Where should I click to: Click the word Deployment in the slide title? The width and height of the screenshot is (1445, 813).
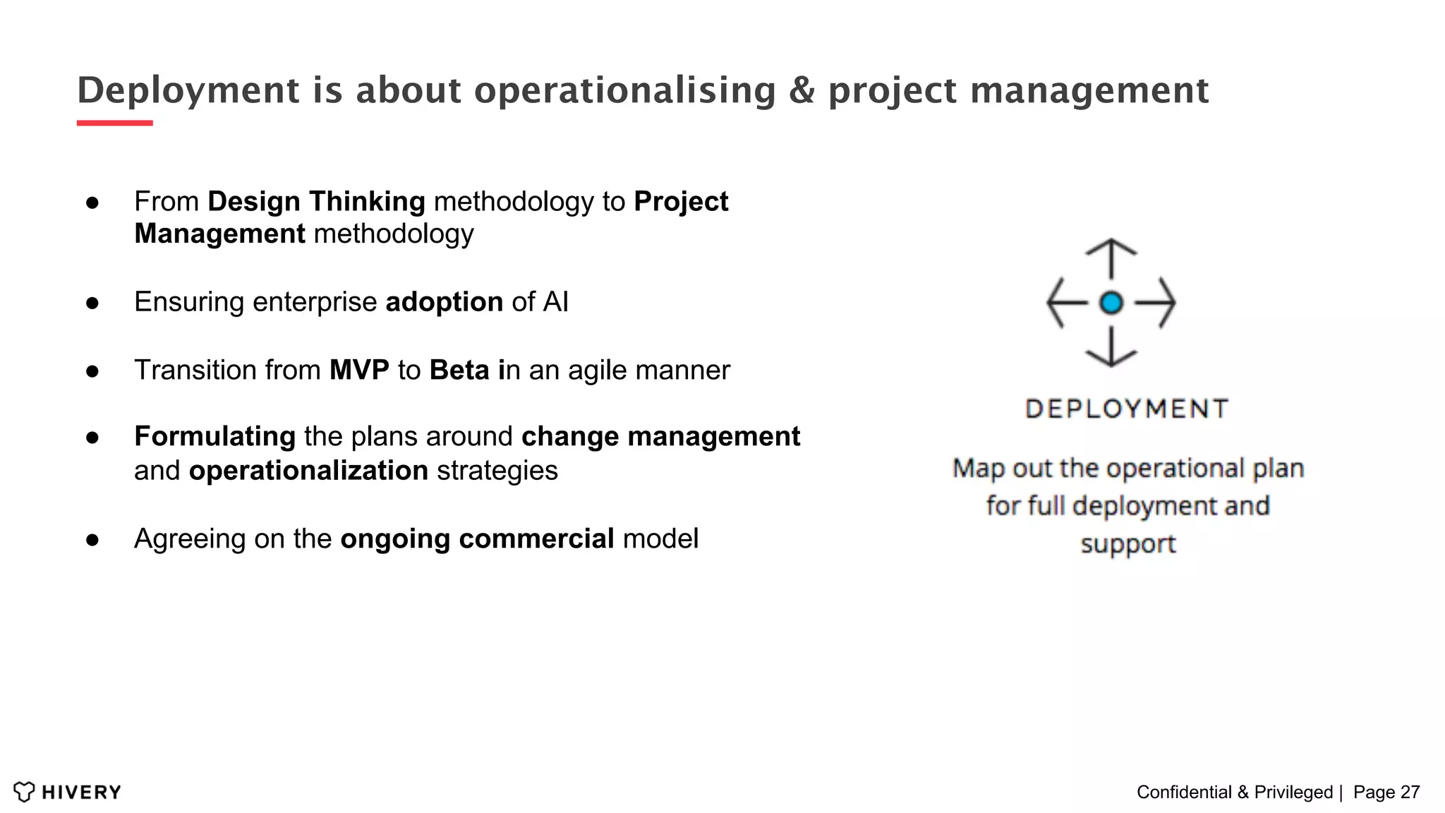tap(188, 91)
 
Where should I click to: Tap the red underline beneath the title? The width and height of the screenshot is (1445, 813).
tap(114, 124)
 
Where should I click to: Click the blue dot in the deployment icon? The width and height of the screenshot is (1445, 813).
tap(1111, 303)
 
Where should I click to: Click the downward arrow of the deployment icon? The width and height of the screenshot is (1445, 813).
tap(1111, 348)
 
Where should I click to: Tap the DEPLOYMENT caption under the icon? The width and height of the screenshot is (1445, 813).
tap(1127, 409)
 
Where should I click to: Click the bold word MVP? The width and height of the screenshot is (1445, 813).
tap(359, 371)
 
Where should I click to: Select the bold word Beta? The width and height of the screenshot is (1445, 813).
tap(459, 371)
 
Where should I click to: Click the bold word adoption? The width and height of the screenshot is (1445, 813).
tap(444, 303)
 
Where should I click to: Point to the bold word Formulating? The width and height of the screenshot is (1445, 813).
tap(214, 437)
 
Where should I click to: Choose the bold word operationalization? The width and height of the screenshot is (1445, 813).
tap(308, 471)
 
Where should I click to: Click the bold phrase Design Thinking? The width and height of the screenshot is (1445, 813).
tap(316, 202)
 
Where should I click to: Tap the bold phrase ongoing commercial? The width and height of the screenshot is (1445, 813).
tap(477, 539)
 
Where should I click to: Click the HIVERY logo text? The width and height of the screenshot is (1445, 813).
tap(81, 793)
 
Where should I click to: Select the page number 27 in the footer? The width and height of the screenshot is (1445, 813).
tap(1410, 793)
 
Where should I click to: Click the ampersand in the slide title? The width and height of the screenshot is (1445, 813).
tap(802, 91)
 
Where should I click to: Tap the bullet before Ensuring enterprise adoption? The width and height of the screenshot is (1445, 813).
tap(92, 303)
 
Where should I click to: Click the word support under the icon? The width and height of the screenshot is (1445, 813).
tap(1128, 544)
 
